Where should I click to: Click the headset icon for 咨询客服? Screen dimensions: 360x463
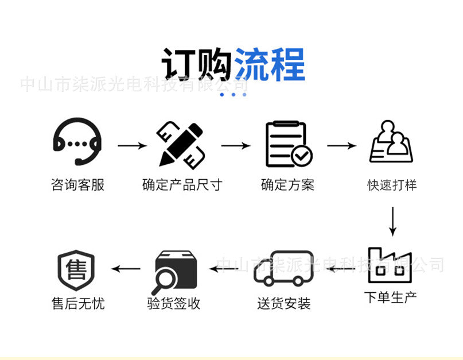click(77, 142)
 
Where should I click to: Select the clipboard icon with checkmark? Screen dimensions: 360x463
click(289, 144)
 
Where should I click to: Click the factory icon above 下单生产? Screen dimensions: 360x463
click(390, 265)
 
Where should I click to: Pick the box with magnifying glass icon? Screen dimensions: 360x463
click(176, 270)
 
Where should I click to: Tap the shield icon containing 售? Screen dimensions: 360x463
click(76, 269)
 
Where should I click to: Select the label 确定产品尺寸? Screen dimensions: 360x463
click(181, 185)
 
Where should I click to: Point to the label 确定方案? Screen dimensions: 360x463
click(287, 185)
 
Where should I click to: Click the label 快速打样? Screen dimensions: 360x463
click(392, 185)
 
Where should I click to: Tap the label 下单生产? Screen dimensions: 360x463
click(391, 297)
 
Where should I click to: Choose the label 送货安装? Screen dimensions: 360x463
click(283, 304)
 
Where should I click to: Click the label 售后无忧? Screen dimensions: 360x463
click(78, 304)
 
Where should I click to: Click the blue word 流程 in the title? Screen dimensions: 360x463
click(270, 64)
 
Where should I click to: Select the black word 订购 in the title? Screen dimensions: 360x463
click(197, 64)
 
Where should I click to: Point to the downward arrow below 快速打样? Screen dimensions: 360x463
click(392, 221)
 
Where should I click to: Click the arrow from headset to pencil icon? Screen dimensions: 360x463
click(132, 146)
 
